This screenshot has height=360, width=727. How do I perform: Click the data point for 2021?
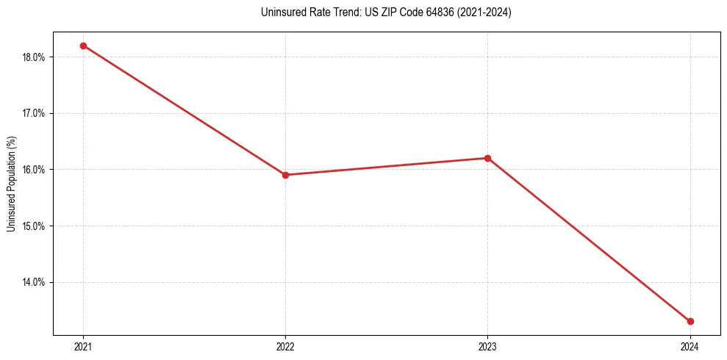pos(83,46)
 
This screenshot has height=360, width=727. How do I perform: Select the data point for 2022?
pos(285,175)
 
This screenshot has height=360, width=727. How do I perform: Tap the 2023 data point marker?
pos(487,158)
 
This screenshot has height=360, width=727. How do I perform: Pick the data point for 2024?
pos(690,321)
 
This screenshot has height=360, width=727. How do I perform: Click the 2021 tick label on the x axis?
pos(83,347)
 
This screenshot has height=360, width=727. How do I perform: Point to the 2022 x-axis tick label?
pos(285,347)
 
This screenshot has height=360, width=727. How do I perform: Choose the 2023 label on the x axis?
pos(487,347)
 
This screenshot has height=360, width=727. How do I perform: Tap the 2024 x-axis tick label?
pos(690,347)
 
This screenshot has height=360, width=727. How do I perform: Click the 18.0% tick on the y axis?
pos(35,57)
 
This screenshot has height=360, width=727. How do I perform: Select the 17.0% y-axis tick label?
pos(35,113)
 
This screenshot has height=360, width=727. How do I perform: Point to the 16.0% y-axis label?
pos(35,170)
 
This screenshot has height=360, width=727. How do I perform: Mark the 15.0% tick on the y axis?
pos(35,226)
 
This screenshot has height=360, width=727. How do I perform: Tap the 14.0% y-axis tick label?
pos(35,282)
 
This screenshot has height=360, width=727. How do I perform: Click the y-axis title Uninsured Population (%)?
pos(11,184)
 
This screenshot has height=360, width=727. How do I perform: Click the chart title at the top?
pos(386,12)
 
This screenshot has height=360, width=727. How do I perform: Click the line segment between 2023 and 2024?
pos(588,240)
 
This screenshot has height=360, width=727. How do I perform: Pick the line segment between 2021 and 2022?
pos(184,110)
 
